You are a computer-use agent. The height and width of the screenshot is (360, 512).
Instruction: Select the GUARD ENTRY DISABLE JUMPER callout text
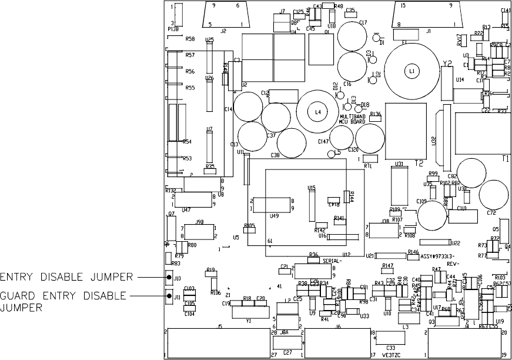pos(63,301)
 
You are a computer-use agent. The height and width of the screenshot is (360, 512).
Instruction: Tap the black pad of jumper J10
pos(169,277)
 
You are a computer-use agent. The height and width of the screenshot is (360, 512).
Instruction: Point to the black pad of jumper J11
pos(169,296)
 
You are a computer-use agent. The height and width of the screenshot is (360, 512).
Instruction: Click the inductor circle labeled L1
pos(411,71)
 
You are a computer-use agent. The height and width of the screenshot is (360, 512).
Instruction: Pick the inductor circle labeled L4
pos(317,111)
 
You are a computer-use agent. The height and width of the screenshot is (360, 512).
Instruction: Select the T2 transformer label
pos(419,164)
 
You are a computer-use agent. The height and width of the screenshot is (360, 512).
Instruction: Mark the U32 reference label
pos(434,141)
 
